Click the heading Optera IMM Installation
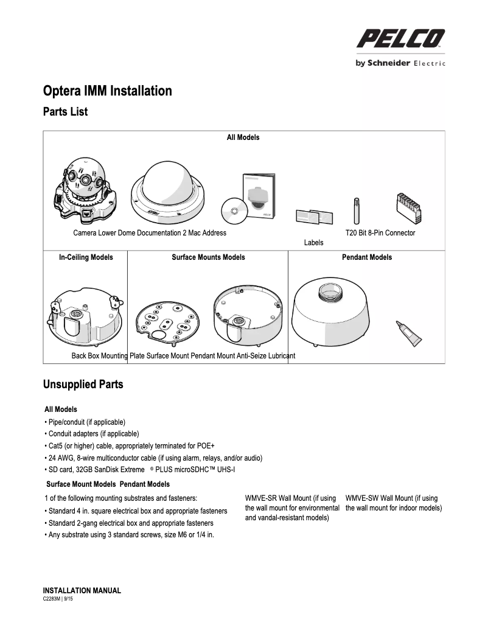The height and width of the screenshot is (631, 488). (x=107, y=91)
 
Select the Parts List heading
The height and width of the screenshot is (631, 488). (x=65, y=112)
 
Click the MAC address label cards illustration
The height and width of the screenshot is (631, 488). (x=313, y=217)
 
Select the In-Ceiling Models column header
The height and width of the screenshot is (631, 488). (x=86, y=257)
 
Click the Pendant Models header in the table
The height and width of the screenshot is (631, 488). (x=367, y=257)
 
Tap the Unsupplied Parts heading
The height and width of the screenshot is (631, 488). (x=83, y=385)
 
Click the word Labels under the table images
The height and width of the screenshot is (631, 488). (x=313, y=243)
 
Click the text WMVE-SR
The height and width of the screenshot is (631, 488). (x=260, y=498)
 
